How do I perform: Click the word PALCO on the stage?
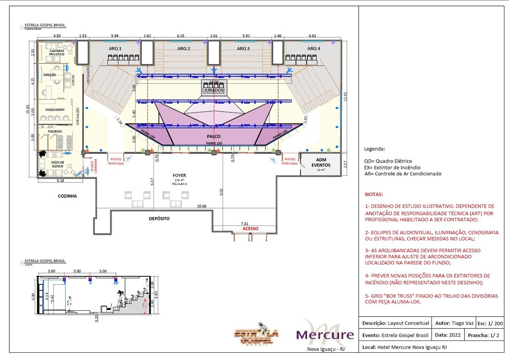(x=213, y=136)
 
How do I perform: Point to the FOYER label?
(x=179, y=175)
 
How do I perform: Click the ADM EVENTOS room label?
(x=321, y=162)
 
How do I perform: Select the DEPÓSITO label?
(x=159, y=218)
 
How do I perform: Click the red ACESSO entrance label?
(x=250, y=228)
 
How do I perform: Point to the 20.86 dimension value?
(x=202, y=206)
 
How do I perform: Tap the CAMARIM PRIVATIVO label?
(x=56, y=53)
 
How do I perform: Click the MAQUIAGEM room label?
(x=55, y=110)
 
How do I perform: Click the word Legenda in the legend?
(x=375, y=149)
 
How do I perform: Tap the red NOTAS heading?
(x=374, y=194)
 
